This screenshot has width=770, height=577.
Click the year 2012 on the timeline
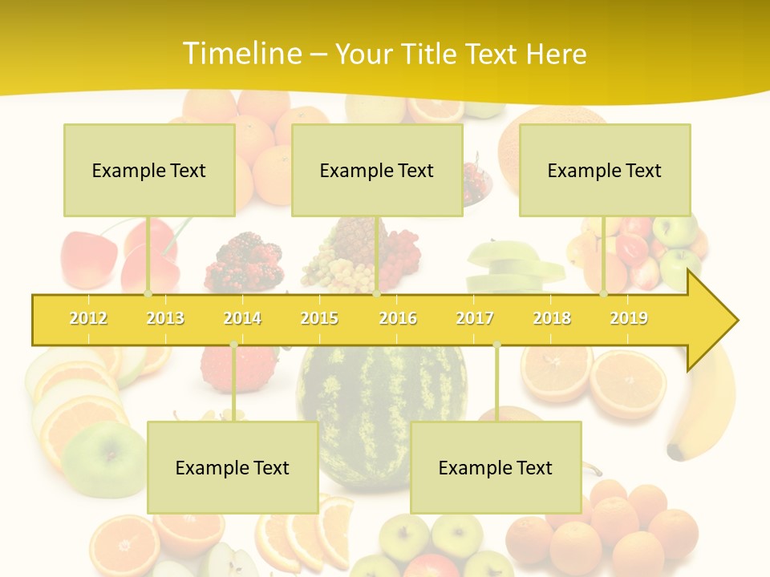pos(88,318)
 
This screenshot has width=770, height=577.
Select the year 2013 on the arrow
pos(165,318)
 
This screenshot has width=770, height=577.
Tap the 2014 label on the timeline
pos(242,318)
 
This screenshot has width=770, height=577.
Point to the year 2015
pos(319,318)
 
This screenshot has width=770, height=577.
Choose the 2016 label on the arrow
pos(398,318)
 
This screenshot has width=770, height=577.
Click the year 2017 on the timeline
pos(475,318)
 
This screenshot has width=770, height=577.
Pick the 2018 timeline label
pos(552,318)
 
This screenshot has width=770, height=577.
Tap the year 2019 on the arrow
pos(629,318)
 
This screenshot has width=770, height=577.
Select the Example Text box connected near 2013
pos(149,170)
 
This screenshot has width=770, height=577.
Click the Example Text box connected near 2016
pos(377,170)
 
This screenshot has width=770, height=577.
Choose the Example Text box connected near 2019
pos(605,170)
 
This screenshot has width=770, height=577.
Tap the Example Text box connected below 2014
pos(233,467)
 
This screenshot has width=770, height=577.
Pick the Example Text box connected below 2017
pos(496,467)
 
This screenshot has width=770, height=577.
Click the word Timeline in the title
pos(241,54)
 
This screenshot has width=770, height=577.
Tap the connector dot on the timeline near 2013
pos(148,294)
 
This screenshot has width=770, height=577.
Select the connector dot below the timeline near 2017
pos(496,345)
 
